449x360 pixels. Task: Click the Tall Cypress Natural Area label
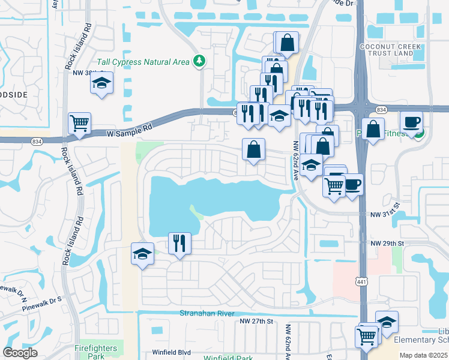144,61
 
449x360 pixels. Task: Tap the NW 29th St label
388,243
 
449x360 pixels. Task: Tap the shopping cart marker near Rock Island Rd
79,124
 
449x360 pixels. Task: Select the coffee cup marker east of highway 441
411,122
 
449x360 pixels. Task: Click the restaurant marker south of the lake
179,244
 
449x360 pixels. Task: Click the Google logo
20,353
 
